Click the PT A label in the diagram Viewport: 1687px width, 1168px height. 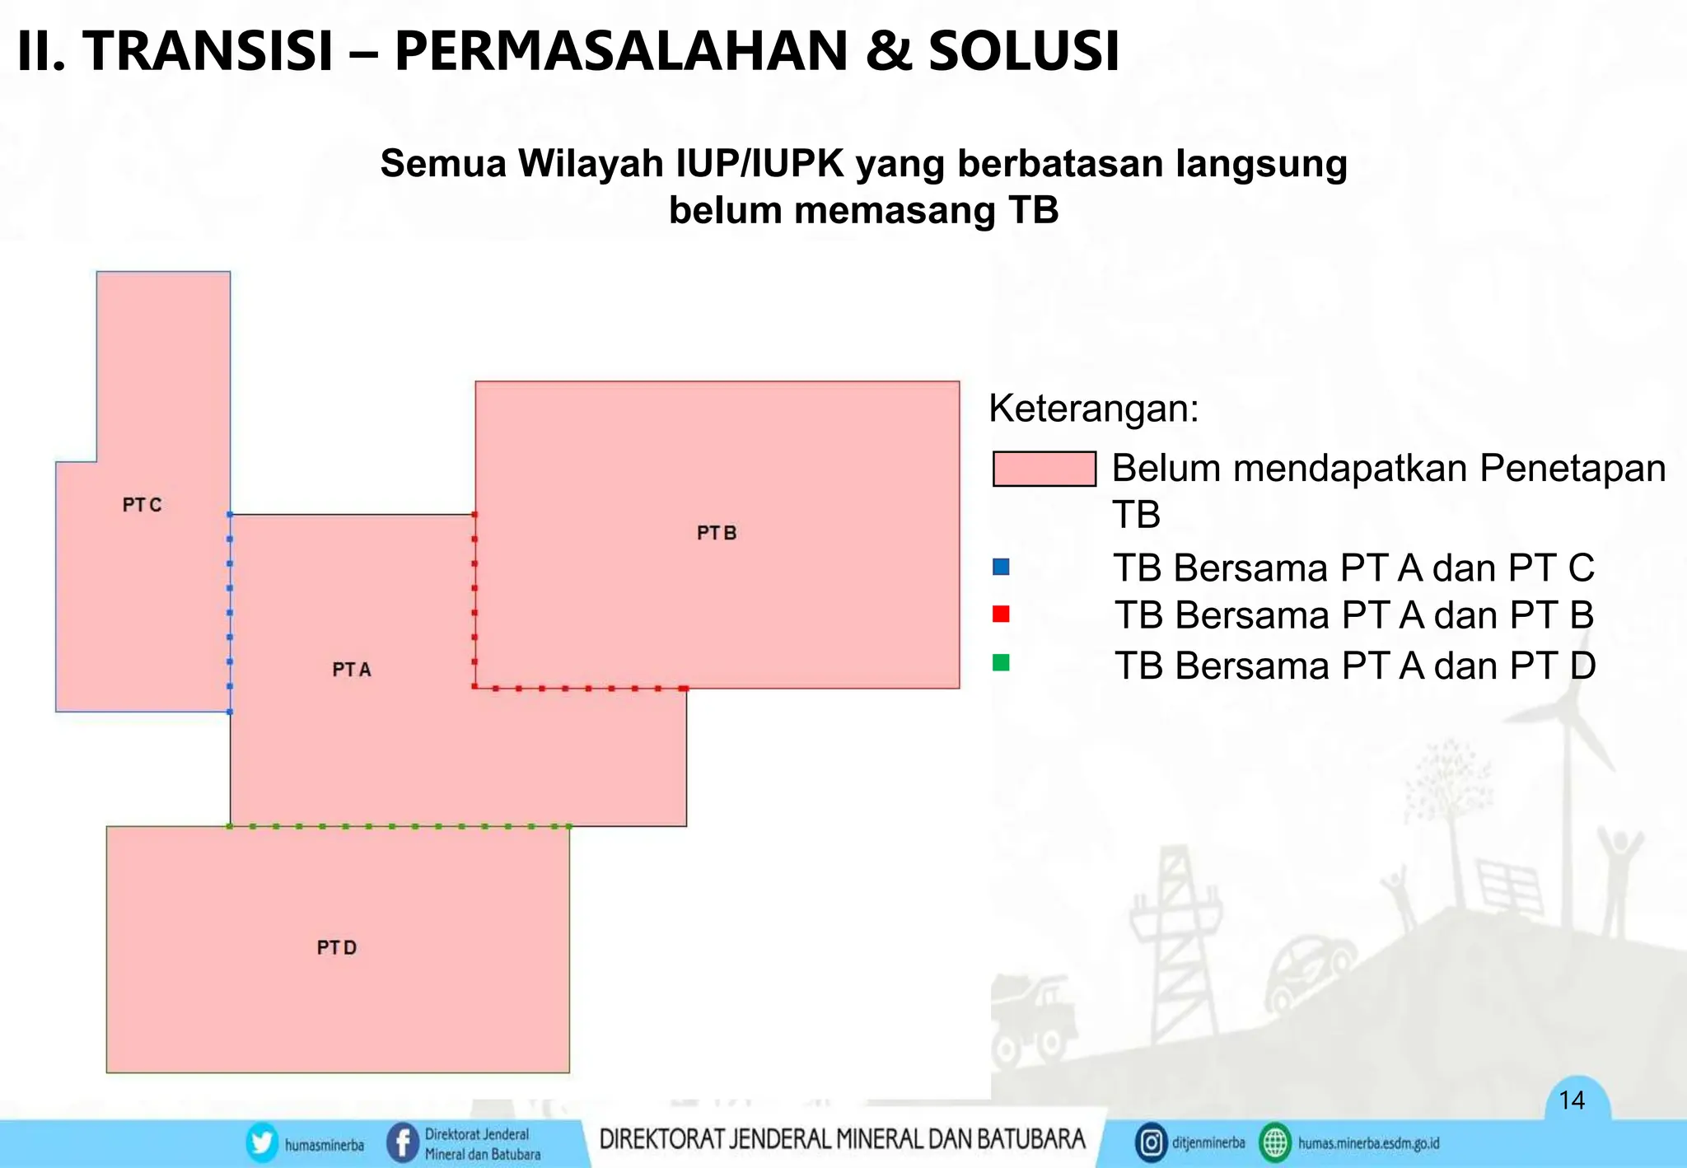[x=352, y=670]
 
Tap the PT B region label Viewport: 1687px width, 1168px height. [x=717, y=533]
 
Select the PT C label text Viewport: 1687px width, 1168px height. [x=142, y=505]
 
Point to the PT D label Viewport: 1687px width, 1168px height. [x=337, y=947]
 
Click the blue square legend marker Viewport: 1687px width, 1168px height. [x=1001, y=567]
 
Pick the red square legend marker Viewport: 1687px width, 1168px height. [x=1001, y=614]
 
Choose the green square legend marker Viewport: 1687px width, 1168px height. [x=1001, y=662]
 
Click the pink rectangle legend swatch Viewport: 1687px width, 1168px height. [x=1044, y=469]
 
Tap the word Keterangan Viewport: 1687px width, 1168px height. [x=1093, y=409]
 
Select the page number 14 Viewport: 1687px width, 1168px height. [x=1572, y=1100]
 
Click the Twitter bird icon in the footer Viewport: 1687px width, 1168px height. [x=262, y=1143]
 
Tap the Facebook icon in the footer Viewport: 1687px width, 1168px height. [x=403, y=1143]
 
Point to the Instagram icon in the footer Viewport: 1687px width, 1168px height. [x=1151, y=1143]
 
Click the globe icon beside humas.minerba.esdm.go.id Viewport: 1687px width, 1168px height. [x=1275, y=1143]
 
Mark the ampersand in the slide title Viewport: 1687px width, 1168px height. [x=888, y=51]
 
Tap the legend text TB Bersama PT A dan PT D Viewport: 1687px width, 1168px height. [x=1355, y=666]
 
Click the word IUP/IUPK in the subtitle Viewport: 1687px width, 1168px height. [x=759, y=163]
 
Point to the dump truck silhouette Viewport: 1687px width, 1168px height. [x=1034, y=1021]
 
